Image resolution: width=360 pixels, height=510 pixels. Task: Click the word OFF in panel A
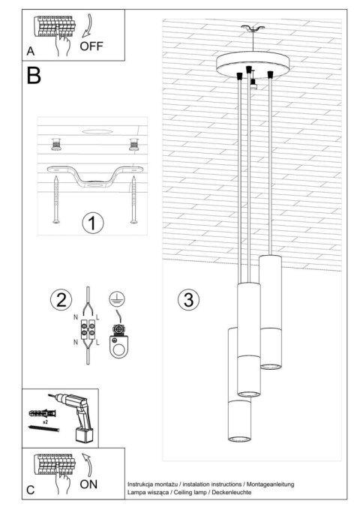91,45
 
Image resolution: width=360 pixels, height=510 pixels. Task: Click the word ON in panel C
89,484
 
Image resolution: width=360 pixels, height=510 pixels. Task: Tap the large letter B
34,76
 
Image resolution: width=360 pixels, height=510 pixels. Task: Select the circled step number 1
93,223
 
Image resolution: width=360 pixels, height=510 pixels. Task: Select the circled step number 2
61,300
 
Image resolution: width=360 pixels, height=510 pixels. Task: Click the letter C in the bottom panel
30,490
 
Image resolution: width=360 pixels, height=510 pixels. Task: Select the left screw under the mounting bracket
57,199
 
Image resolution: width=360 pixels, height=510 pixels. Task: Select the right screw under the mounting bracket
133,199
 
